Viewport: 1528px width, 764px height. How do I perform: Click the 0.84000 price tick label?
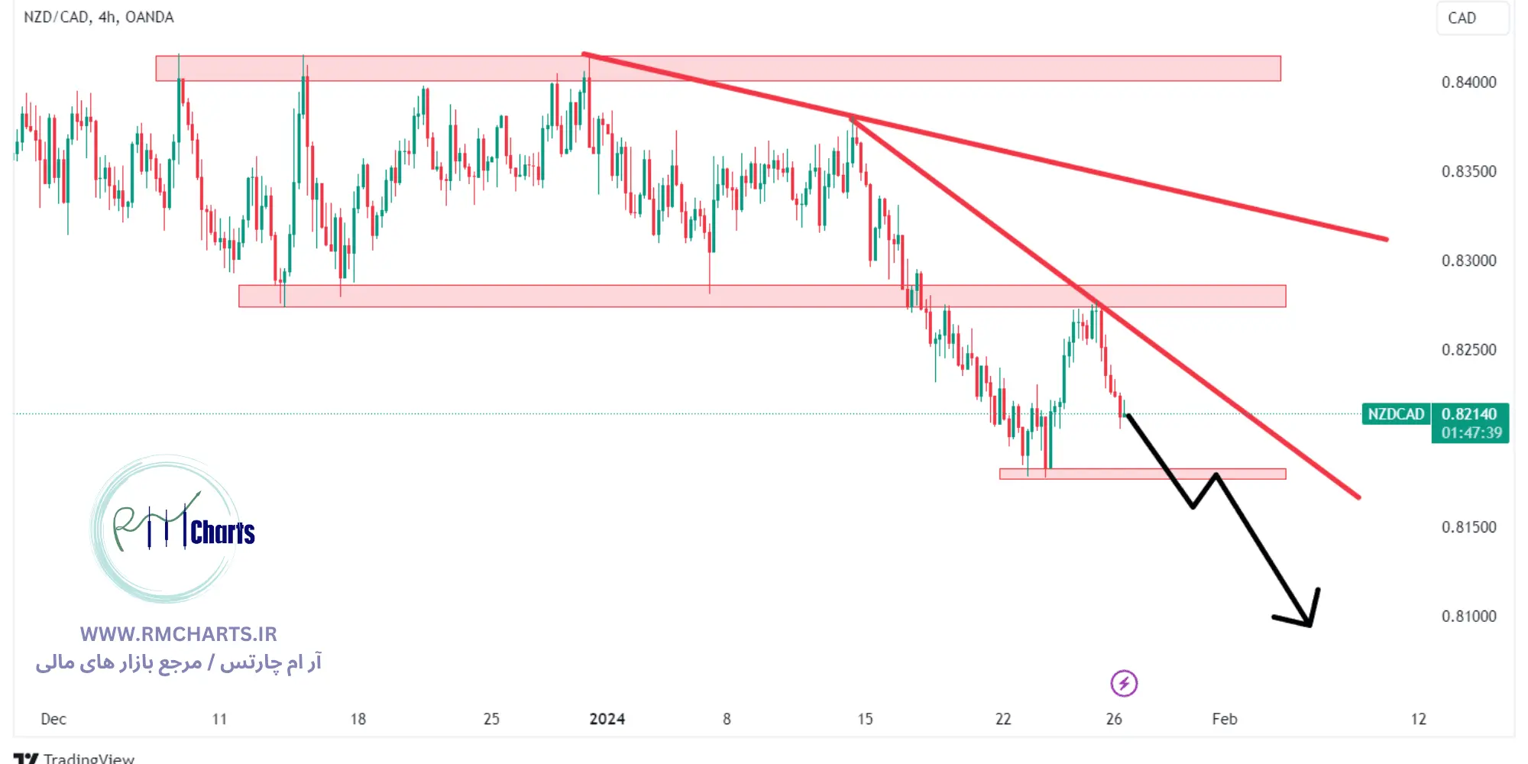pyautogui.click(x=1468, y=83)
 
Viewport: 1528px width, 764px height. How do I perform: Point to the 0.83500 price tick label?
pyautogui.click(x=1468, y=171)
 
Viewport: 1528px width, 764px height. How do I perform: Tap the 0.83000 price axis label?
pyautogui.click(x=1468, y=261)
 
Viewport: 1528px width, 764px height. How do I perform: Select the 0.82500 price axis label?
pyautogui.click(x=1468, y=350)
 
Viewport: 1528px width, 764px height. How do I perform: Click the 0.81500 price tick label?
pyautogui.click(x=1468, y=527)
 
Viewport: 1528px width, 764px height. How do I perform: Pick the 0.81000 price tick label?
pyautogui.click(x=1468, y=617)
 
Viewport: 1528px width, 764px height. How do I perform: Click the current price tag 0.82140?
pyautogui.click(x=1469, y=414)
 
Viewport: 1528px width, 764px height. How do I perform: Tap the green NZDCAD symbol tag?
pyautogui.click(x=1396, y=414)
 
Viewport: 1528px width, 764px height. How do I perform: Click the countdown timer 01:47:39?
pyautogui.click(x=1471, y=433)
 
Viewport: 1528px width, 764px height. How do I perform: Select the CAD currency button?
pyautogui.click(x=1462, y=18)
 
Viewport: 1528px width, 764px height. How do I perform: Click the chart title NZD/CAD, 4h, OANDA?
pyautogui.click(x=99, y=17)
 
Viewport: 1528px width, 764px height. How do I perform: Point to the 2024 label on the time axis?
pyautogui.click(x=607, y=719)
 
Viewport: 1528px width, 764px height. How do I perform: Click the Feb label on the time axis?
pyautogui.click(x=1224, y=719)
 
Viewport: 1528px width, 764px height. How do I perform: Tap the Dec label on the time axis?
pyautogui.click(x=53, y=719)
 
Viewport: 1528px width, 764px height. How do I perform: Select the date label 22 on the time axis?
pyautogui.click(x=1002, y=719)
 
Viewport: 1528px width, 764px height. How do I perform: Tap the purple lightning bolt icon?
pyautogui.click(x=1124, y=683)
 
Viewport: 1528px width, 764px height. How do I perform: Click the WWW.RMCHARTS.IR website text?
pyautogui.click(x=178, y=634)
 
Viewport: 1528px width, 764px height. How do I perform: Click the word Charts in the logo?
pyautogui.click(x=222, y=533)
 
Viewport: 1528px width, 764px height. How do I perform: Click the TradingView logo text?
pyautogui.click(x=89, y=758)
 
